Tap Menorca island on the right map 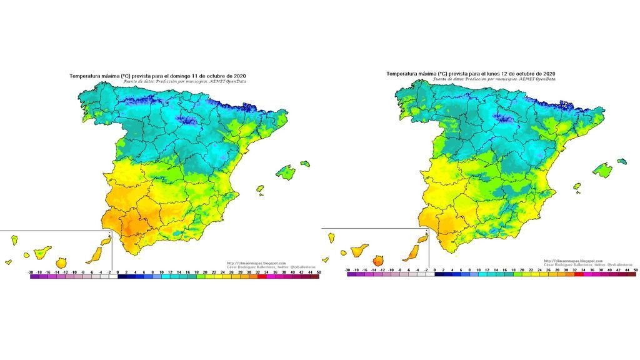click(622, 161)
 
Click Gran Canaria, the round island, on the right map click(378, 260)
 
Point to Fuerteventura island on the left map click(96, 253)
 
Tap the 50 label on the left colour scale click(318, 272)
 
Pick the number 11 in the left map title click(195, 75)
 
